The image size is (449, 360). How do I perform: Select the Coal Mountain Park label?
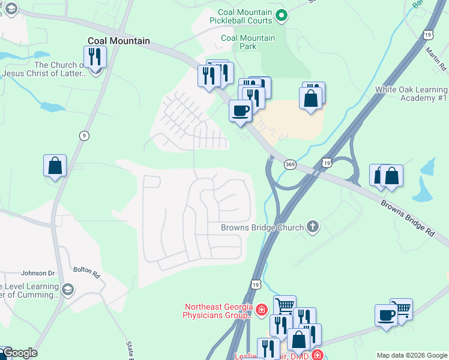tap(247, 42)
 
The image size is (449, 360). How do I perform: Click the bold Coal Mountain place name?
tap(118, 41)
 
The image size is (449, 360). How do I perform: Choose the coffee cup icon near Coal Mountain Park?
tap(240, 111)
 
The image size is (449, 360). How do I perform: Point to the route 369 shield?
tap(290, 164)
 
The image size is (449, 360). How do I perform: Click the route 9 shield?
tap(84, 136)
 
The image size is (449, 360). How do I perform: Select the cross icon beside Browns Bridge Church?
tap(312, 227)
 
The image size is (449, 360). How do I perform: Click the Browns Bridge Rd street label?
tap(408, 218)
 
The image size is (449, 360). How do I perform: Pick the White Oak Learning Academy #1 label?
tap(411, 94)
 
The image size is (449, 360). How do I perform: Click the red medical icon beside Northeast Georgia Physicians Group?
tap(261, 310)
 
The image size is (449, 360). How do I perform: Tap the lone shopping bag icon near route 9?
tap(55, 166)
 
